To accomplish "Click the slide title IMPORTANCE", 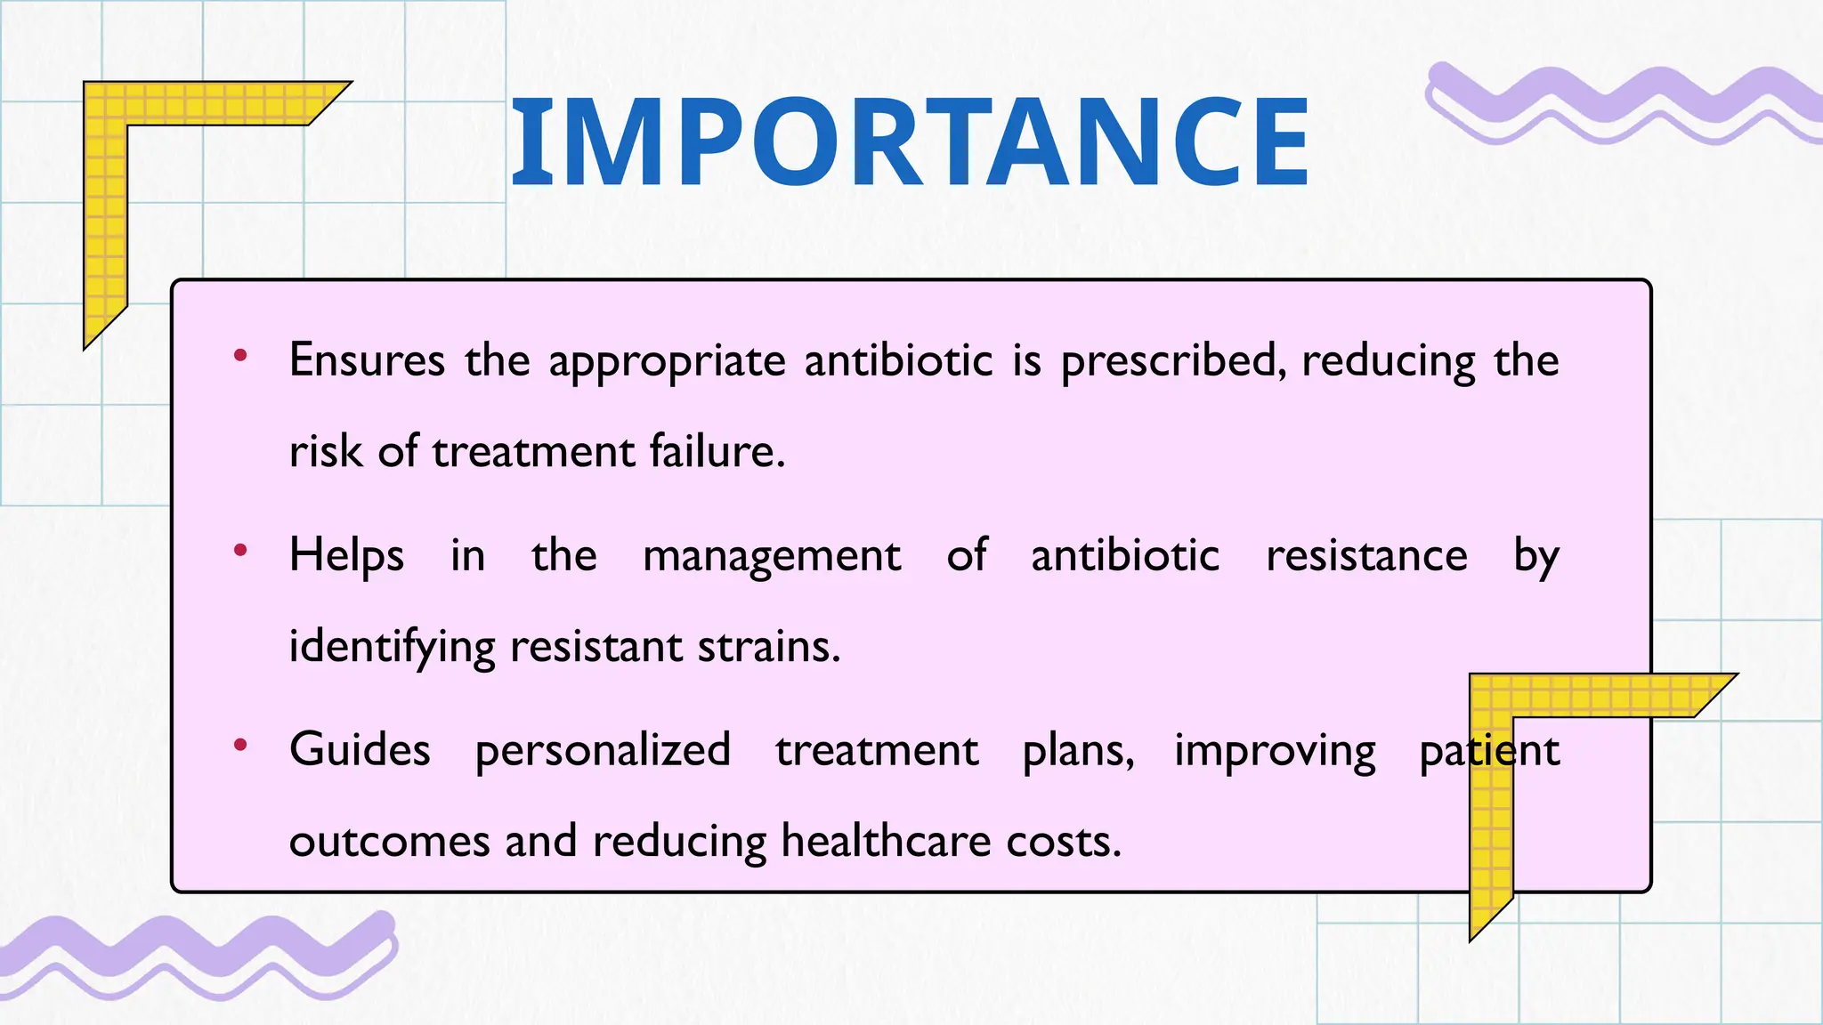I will [x=910, y=142].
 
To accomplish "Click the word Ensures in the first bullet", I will [x=367, y=361].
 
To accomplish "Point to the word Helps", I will [x=346, y=556].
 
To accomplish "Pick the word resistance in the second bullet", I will [x=1366, y=556].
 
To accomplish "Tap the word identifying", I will [x=392, y=647].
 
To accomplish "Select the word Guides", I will [x=360, y=750].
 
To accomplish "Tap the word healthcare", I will [x=886, y=841].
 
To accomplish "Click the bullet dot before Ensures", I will [x=239, y=356].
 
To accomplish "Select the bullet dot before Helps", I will [x=239, y=551].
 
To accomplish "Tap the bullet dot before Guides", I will [x=239, y=745].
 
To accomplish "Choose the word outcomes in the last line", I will [x=389, y=842].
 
